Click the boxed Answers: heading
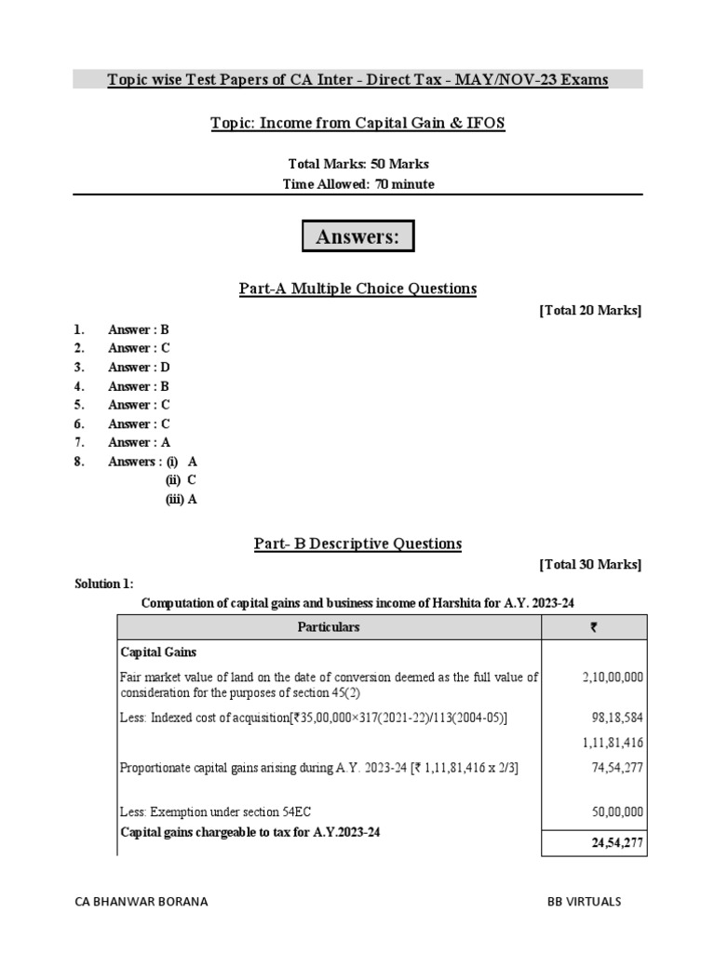pos(357,237)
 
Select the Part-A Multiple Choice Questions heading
pos(357,289)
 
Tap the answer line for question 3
pos(139,367)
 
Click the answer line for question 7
pos(139,442)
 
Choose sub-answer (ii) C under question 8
pos(182,480)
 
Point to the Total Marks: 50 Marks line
pos(357,164)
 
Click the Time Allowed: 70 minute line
pos(357,184)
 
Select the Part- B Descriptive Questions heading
pos(357,544)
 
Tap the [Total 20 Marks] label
pos(590,311)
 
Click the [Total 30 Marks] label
pos(590,565)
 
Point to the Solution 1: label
pos(104,584)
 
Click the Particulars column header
pos(328,627)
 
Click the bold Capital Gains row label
pos(157,653)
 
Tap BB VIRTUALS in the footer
pos(584,902)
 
